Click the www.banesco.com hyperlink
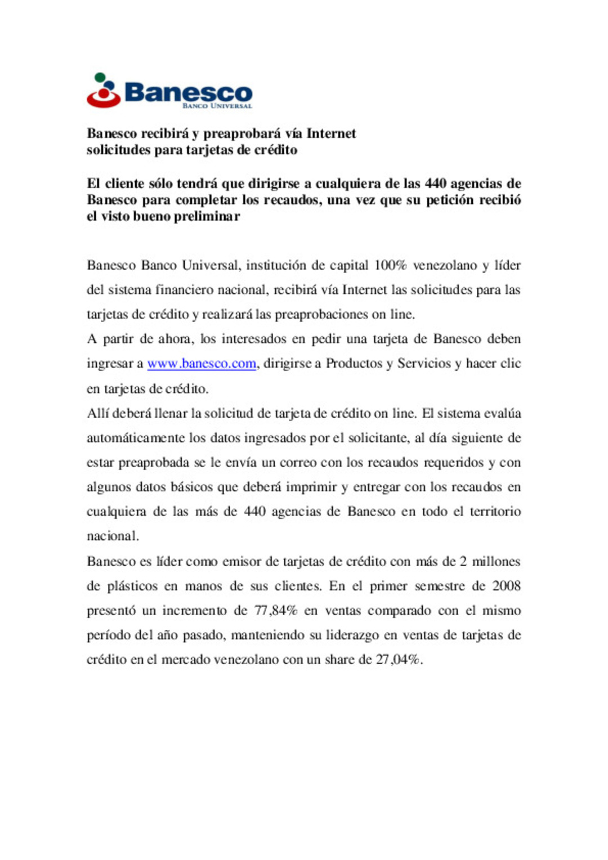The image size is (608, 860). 202,364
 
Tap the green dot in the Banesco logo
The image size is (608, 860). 100,77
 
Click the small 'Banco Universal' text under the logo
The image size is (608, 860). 217,106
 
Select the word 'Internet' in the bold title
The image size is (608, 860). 331,134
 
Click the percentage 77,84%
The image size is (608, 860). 276,611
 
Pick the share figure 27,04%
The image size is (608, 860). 398,660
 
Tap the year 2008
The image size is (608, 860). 506,586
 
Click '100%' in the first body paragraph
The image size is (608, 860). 390,266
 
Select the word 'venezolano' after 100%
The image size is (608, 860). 445,266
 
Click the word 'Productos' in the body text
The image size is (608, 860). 354,364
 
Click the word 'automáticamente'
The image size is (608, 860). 135,438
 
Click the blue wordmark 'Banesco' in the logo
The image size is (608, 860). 188,92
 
